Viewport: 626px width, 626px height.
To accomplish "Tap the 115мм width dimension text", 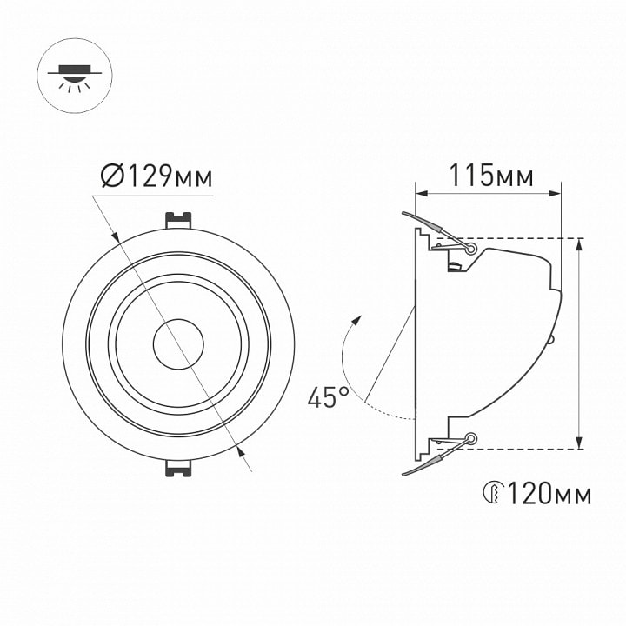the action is (x=491, y=176).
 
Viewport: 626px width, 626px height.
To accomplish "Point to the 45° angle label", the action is (x=328, y=397).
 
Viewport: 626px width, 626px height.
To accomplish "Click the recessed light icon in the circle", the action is (x=75, y=76).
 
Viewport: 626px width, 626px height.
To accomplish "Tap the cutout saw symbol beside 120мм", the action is (x=494, y=493).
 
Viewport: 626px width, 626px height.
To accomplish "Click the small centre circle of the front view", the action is (x=178, y=344).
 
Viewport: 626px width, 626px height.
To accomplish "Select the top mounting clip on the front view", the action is (x=178, y=220).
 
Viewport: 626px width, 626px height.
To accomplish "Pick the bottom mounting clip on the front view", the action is (x=178, y=468).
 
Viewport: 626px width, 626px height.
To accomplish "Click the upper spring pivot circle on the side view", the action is (x=471, y=250).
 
